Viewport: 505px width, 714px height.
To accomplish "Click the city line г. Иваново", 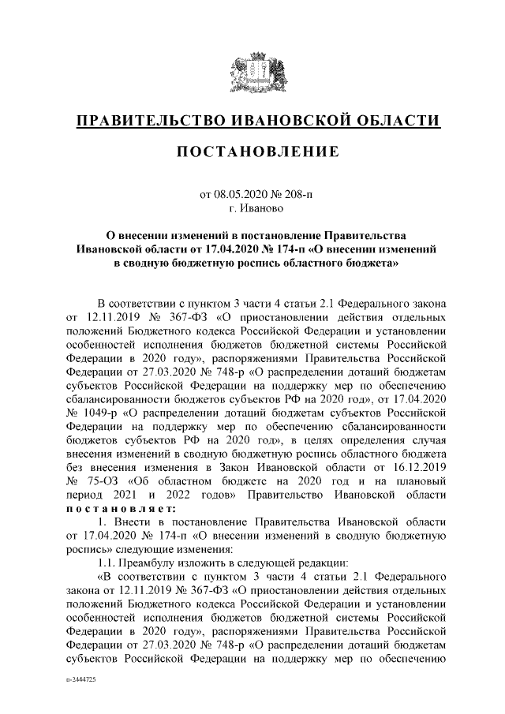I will click(x=252, y=209).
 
